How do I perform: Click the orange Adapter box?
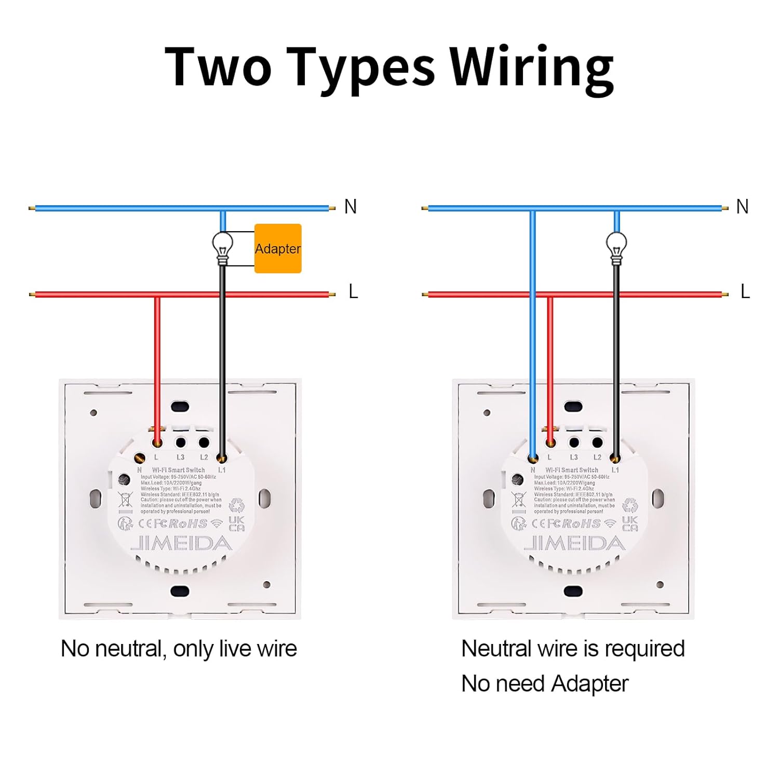pos(278,248)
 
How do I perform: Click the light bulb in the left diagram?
pos(222,247)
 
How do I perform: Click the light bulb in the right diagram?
pos(616,247)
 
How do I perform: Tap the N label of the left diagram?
pos(351,207)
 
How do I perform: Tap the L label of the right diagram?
pos(745,292)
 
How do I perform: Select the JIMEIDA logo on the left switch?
pos(181,543)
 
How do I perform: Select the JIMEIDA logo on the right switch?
pos(574,543)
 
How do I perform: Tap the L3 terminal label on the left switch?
pos(180,458)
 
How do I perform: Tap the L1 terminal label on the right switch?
pos(615,470)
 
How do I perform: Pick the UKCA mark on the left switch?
pos(236,523)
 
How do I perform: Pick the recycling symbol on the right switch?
pos(629,505)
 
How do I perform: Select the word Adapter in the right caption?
pos(589,683)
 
